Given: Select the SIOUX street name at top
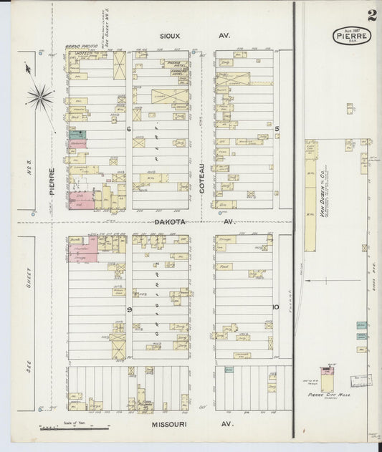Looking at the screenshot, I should (170, 34).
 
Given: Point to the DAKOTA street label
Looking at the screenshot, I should (170, 222).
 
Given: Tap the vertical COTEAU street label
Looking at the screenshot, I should (202, 178).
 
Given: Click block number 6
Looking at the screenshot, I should (128, 129).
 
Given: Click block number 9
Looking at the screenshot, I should (130, 309).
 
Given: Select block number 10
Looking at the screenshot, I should (274, 307).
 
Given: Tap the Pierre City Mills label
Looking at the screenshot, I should (327, 395).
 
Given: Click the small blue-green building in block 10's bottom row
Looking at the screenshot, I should (229, 370).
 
